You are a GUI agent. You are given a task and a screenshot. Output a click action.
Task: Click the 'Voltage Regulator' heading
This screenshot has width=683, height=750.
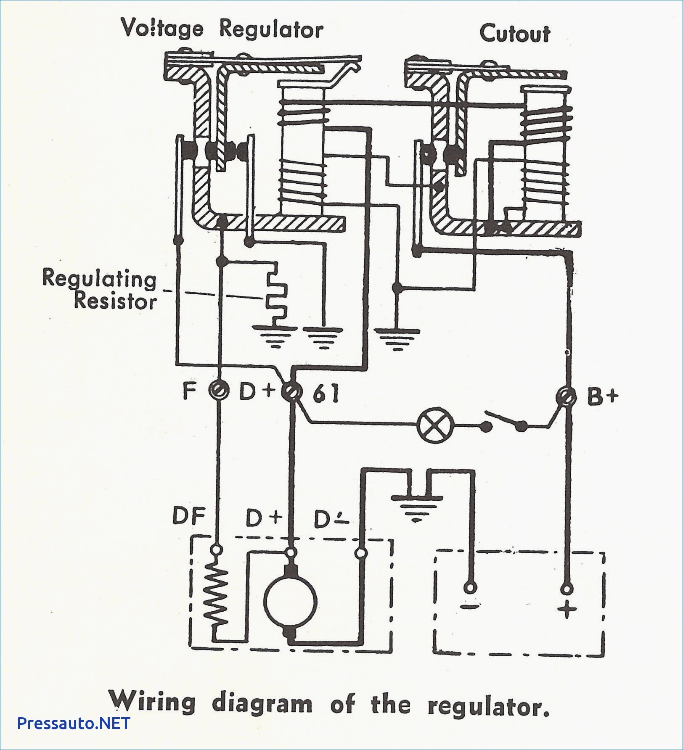point(222,29)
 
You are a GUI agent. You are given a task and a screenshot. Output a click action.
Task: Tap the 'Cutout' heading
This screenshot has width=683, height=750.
point(515,33)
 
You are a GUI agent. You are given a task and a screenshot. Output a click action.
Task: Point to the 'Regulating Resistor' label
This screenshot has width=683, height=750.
point(100,289)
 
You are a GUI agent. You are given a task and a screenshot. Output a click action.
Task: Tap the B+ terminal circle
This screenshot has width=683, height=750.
point(566,396)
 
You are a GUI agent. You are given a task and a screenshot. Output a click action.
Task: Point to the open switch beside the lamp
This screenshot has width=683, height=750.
point(506,422)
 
